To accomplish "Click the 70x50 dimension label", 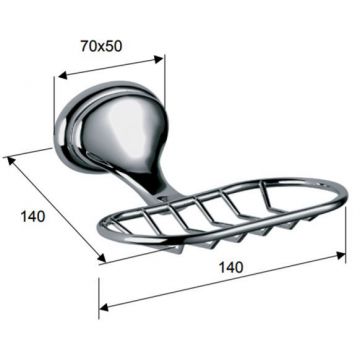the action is tap(101, 46).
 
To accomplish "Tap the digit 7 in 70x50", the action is tap(85, 46).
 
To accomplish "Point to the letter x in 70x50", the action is tap(102, 47).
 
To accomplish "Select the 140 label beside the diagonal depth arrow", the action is tap(33, 217).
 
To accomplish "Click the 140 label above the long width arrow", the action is tap(230, 267).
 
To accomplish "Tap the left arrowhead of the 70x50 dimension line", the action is tap(63, 76).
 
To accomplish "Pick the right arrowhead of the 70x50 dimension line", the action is tap(159, 59).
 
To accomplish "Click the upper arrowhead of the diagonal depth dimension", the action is tap(11, 161).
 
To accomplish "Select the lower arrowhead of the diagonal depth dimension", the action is tap(101, 257).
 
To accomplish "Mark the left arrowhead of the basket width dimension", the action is tap(104, 307).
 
